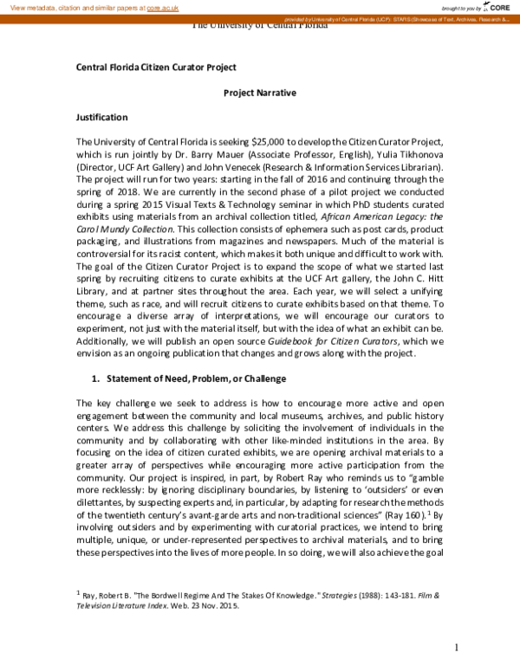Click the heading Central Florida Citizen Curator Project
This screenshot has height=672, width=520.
tap(156, 67)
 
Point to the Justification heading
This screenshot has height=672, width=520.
tap(102, 117)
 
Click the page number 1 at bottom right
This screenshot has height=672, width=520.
tap(456, 648)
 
